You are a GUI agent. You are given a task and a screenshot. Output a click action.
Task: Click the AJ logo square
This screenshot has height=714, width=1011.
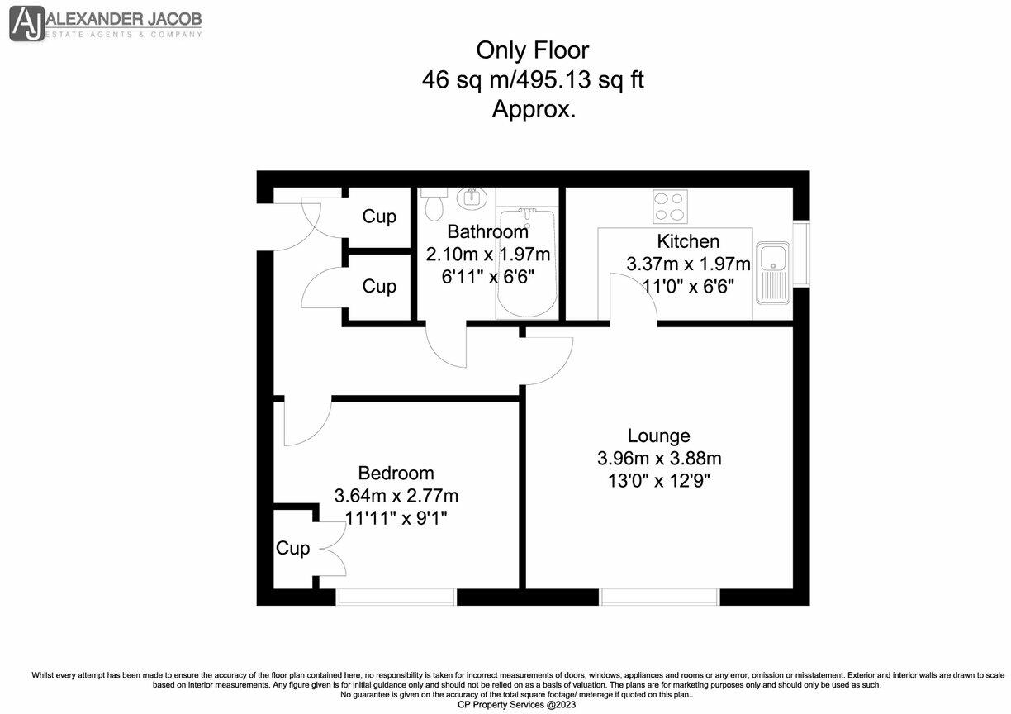click(26, 24)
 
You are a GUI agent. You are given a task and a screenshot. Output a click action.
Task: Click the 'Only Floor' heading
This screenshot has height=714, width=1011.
click(532, 50)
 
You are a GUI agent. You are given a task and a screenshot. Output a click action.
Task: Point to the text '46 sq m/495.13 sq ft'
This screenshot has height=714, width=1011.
click(532, 80)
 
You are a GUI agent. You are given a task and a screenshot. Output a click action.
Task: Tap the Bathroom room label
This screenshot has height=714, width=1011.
click(487, 231)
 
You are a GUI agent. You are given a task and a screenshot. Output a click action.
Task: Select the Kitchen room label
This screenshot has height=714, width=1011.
click(687, 241)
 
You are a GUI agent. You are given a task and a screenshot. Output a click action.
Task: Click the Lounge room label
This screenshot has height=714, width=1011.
click(658, 436)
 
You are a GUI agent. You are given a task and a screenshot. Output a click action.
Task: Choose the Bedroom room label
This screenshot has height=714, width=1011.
click(396, 474)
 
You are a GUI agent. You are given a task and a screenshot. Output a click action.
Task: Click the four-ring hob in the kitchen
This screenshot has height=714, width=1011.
click(670, 207)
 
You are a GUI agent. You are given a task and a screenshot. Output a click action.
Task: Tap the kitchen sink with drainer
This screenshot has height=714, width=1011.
click(773, 272)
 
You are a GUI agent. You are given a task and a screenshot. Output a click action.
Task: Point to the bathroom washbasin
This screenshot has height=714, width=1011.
click(472, 198)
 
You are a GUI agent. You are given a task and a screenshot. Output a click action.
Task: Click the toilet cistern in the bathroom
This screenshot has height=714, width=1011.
click(434, 192)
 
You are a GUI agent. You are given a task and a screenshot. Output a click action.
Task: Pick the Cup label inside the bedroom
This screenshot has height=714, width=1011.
click(292, 548)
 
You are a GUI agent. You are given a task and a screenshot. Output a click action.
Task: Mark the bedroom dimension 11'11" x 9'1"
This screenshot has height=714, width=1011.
click(396, 517)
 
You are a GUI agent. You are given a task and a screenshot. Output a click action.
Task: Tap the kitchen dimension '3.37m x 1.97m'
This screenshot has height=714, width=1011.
click(687, 264)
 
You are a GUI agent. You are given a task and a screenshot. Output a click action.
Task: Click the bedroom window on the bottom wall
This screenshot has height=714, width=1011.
click(396, 597)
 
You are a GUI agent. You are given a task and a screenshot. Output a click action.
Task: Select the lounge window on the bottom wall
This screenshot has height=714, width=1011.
click(658, 597)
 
